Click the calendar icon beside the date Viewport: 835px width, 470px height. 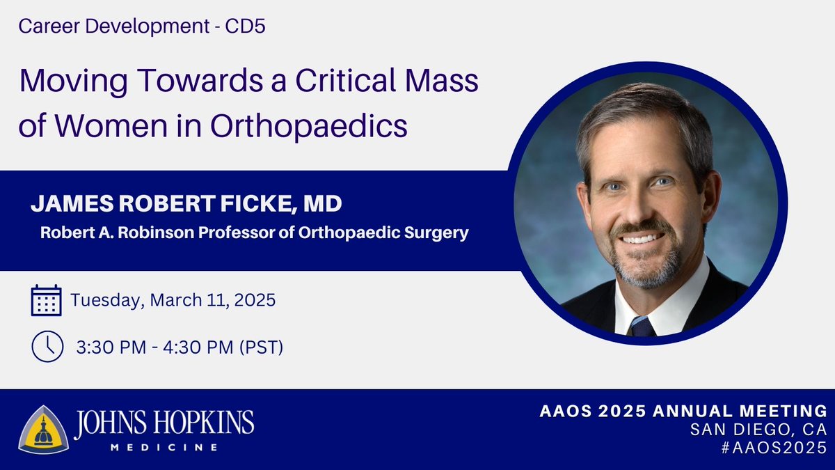(x=47, y=301)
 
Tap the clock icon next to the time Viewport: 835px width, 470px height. (x=47, y=347)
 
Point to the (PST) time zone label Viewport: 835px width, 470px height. (x=257, y=347)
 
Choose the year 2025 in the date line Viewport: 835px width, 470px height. (x=253, y=301)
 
